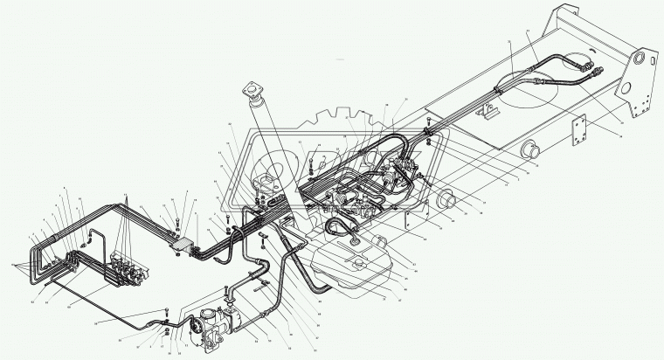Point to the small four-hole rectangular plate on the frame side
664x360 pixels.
pyautogui.click(x=577, y=133)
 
